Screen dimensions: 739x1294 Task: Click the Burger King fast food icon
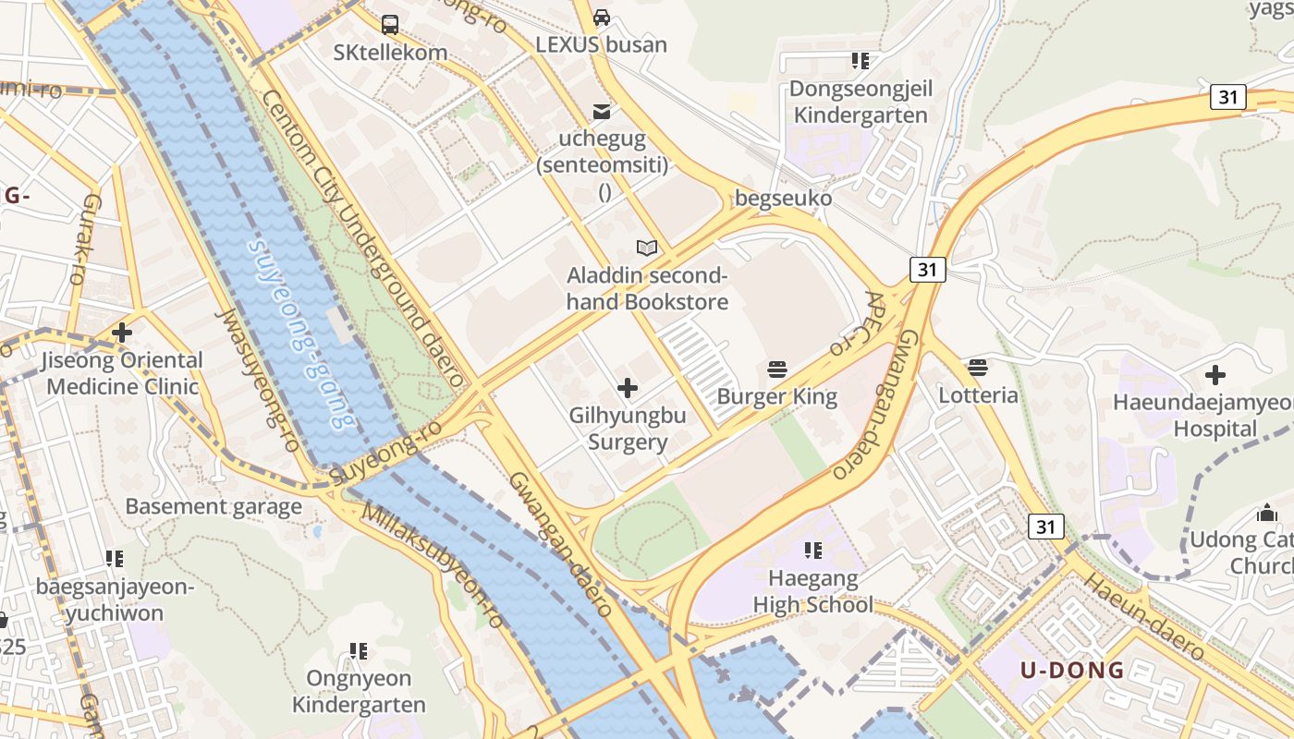(x=777, y=370)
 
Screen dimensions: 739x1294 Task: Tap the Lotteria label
(x=978, y=395)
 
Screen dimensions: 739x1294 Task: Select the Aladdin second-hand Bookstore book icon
(x=647, y=248)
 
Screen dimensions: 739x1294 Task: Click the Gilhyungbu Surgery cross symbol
(x=628, y=388)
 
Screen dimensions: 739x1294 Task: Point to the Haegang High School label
(x=812, y=592)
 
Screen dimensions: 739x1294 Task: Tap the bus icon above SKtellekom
(x=390, y=25)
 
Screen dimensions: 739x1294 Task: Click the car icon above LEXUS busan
(x=602, y=18)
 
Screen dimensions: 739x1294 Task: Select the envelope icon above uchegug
(x=602, y=113)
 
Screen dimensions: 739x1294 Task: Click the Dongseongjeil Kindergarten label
(x=861, y=102)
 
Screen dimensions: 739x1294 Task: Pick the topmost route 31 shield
(x=1228, y=96)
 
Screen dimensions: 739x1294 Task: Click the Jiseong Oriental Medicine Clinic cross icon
(x=122, y=333)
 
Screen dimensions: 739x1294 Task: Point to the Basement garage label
(x=214, y=506)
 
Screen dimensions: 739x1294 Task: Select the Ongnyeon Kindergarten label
(x=358, y=691)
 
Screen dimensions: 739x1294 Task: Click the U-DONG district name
(x=1072, y=670)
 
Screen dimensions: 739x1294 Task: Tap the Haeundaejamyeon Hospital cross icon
(x=1215, y=375)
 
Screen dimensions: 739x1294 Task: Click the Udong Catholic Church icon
(x=1266, y=513)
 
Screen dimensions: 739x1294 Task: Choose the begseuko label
(x=783, y=198)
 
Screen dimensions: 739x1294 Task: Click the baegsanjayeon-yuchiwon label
(x=114, y=600)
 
